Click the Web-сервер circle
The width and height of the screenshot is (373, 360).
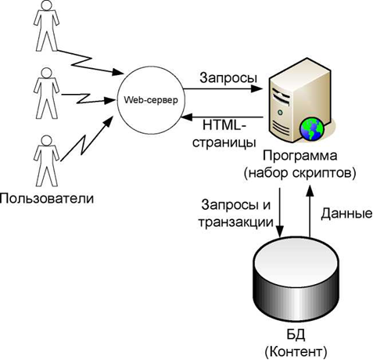[151, 101]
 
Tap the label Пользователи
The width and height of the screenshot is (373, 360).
[47, 199]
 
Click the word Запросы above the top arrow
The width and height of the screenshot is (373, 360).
[228, 77]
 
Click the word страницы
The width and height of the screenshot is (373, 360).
[224, 142]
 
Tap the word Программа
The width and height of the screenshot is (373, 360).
[299, 156]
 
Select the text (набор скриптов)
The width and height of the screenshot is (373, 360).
[299, 173]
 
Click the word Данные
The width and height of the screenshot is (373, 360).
[346, 214]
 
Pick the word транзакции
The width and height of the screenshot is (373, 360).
[236, 222]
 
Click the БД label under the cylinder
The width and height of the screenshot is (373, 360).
[296, 335]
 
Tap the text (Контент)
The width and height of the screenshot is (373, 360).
[296, 352]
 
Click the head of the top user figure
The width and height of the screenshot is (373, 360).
[46, 5]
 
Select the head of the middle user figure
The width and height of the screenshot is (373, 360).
[46, 73]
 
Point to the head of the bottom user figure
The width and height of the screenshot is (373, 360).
[46, 140]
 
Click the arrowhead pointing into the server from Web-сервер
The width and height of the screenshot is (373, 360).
[256, 88]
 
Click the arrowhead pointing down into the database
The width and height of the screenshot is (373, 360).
[280, 231]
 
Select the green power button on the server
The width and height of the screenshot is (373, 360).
[280, 113]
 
